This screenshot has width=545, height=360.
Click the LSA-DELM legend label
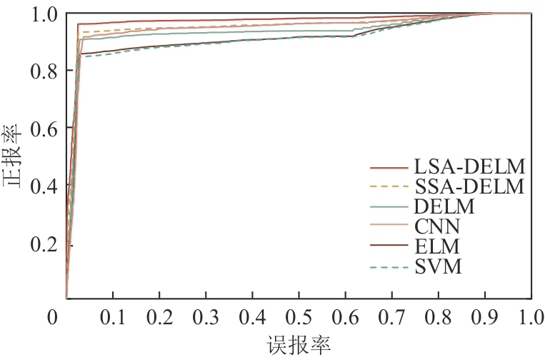[x=469, y=168]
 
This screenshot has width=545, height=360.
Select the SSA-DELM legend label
[x=469, y=188]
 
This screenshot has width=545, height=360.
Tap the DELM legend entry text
[x=444, y=208]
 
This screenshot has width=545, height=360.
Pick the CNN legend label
[x=437, y=228]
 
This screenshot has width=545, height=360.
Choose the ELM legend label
[x=436, y=248]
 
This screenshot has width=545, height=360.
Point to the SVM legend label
[x=438, y=268]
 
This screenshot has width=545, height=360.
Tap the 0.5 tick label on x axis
[x=299, y=317]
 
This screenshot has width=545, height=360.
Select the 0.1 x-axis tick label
[x=112, y=317]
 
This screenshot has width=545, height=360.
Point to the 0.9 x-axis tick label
[x=484, y=317]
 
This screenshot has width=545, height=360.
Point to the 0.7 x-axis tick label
[x=391, y=317]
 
